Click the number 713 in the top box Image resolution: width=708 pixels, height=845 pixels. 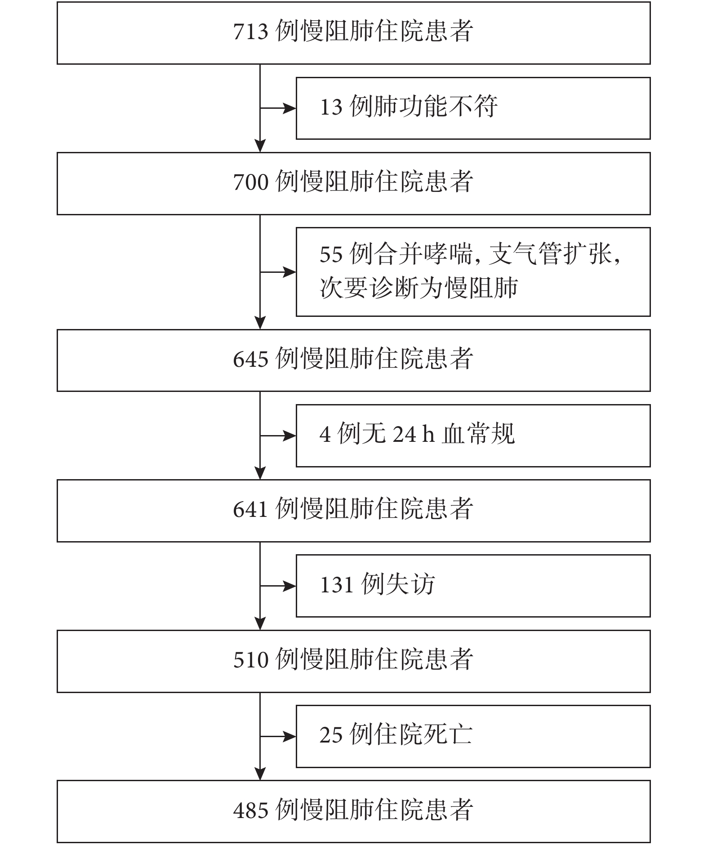[251, 32]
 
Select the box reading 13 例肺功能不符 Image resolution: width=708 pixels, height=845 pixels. [473, 108]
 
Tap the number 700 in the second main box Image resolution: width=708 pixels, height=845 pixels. [251, 182]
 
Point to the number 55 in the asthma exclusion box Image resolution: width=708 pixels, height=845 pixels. [331, 254]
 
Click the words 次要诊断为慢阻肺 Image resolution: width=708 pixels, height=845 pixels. [419, 288]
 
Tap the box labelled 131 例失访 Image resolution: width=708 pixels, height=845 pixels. [473, 586]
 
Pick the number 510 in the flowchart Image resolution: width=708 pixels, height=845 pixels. [251, 660]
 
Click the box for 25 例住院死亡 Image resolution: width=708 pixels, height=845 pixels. [473, 736]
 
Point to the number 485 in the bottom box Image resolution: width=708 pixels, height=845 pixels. [251, 810]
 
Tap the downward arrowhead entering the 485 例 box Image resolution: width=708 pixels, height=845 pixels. [260, 774]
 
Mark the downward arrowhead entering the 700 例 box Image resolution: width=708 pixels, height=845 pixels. [260, 146]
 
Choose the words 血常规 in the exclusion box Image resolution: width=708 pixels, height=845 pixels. [478, 434]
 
